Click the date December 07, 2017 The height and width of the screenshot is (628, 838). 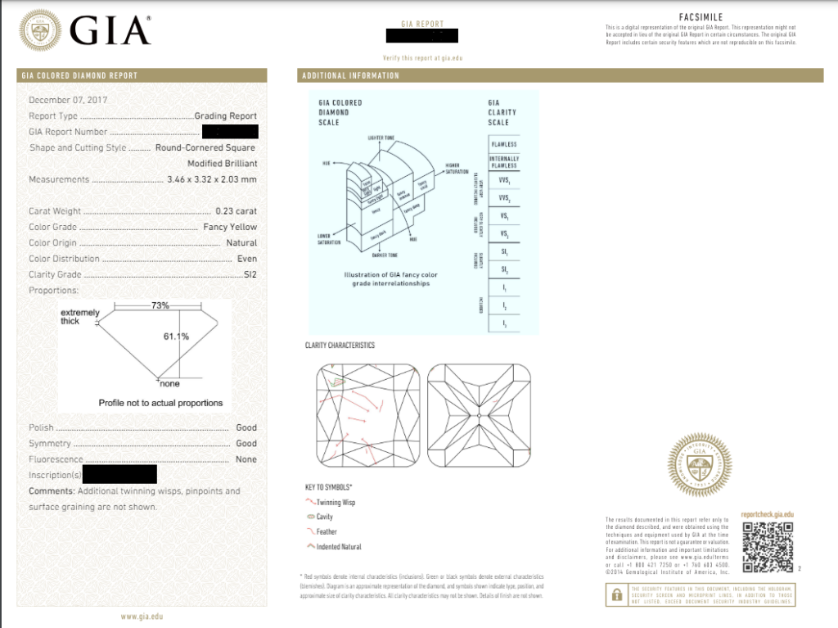(x=68, y=100)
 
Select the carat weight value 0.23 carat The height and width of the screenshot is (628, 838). (x=236, y=211)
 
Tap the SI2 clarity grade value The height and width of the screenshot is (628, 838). (x=250, y=274)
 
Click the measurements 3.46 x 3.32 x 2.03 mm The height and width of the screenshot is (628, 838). (x=210, y=179)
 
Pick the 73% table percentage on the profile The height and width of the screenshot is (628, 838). (x=160, y=305)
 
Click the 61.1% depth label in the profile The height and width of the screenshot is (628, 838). (x=177, y=337)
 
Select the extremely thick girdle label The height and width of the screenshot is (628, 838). (x=79, y=317)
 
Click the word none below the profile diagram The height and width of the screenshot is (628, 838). (x=169, y=384)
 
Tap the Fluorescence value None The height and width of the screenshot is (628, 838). (x=246, y=459)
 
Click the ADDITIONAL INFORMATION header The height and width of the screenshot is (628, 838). (x=350, y=75)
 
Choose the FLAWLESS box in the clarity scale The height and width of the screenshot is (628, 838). (x=503, y=144)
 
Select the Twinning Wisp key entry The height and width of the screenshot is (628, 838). (x=335, y=503)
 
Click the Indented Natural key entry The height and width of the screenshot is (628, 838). (x=338, y=547)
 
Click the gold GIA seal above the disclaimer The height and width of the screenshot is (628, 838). (x=699, y=465)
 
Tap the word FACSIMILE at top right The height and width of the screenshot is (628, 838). (x=700, y=17)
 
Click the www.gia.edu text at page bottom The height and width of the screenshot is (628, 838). (x=141, y=617)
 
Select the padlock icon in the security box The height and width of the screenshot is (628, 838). (x=615, y=596)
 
